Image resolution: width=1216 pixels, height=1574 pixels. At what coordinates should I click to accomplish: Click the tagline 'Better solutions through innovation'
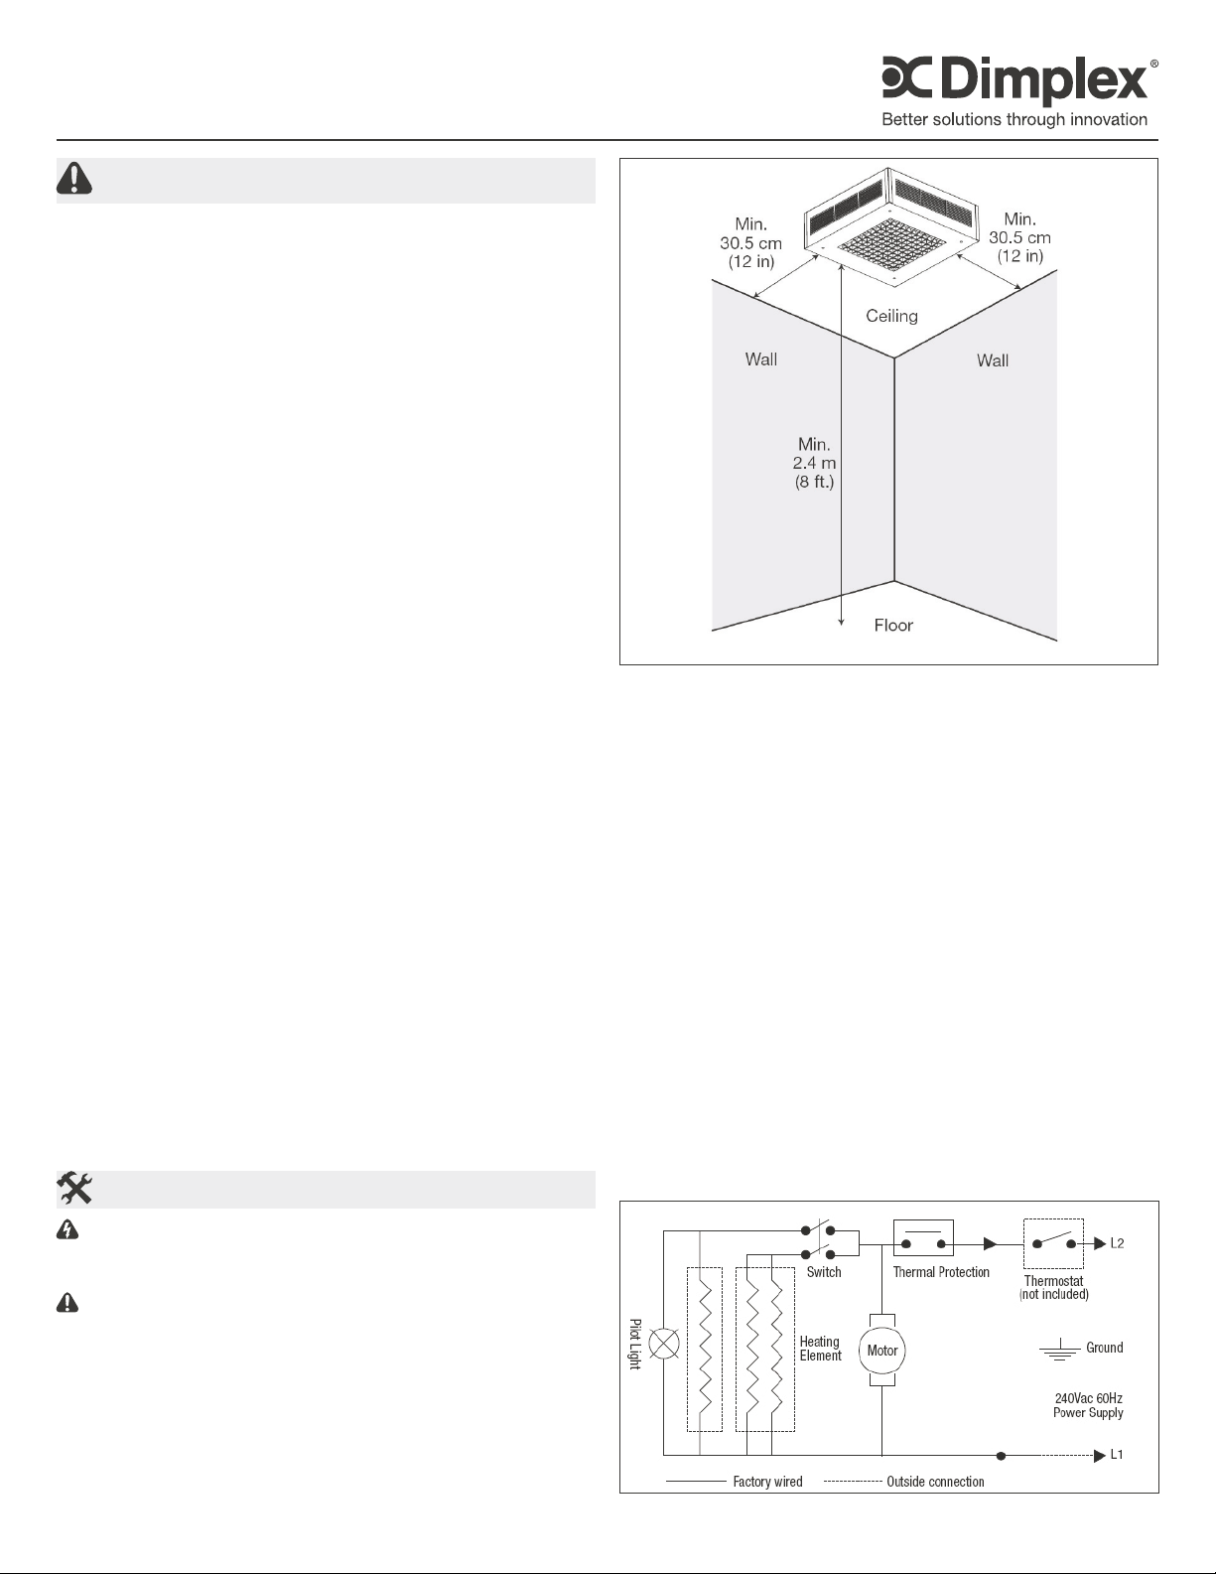[1014, 120]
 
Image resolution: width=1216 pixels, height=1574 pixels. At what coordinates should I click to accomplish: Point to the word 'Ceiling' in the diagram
[891, 316]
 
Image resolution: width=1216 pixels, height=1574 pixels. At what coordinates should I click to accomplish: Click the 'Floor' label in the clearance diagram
[893, 625]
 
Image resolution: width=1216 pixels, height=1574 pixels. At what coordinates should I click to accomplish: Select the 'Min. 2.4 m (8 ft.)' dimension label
[814, 463]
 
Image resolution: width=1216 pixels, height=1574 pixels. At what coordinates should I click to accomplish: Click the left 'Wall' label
[761, 359]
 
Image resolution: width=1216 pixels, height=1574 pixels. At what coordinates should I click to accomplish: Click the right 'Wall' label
[993, 360]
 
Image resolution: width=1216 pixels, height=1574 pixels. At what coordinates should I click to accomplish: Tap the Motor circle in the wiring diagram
[882, 1351]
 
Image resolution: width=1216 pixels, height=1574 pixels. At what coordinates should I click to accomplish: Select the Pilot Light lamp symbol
[663, 1346]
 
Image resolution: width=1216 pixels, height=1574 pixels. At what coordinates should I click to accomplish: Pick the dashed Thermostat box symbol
[1053, 1242]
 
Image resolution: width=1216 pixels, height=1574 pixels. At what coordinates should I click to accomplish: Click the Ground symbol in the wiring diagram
[1059, 1351]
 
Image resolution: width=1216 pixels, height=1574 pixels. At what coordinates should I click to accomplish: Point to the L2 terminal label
[1117, 1243]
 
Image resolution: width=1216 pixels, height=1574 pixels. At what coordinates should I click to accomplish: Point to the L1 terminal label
[1117, 1456]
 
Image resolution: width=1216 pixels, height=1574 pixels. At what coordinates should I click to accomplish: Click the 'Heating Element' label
[821, 1349]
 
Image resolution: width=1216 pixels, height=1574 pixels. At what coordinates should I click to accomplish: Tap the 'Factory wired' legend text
[767, 1482]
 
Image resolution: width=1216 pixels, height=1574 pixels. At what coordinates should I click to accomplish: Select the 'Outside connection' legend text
[935, 1482]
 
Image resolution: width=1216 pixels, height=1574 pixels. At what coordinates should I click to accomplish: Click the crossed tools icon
[74, 1188]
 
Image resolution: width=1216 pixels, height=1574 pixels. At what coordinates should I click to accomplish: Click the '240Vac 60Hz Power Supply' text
[1088, 1405]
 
